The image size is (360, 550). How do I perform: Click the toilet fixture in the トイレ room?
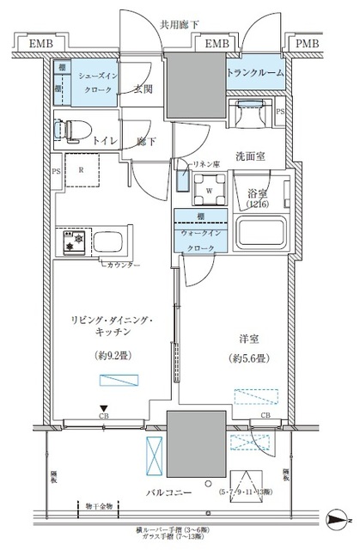[x=64, y=130]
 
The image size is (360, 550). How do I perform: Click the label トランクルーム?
[x=255, y=75]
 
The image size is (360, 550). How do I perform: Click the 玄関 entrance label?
[x=143, y=89]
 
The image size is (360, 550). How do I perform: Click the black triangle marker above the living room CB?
[x=103, y=409]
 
